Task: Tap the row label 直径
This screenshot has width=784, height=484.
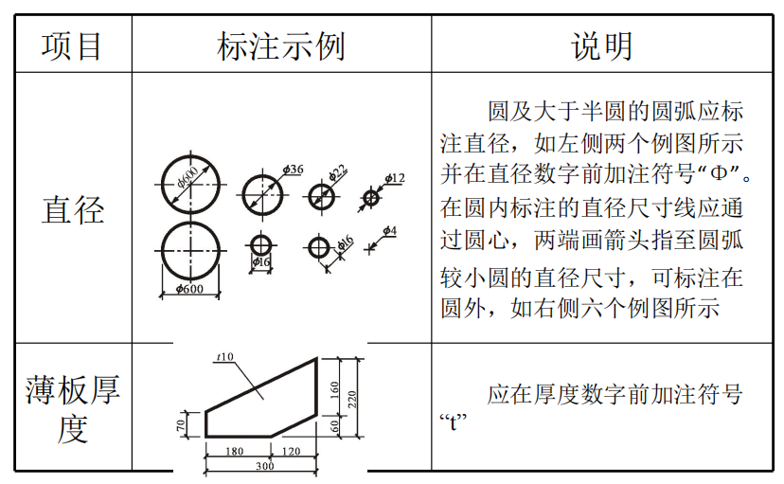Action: click(72, 209)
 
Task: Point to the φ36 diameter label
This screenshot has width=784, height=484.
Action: click(293, 169)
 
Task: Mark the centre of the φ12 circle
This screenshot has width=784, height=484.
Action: click(370, 198)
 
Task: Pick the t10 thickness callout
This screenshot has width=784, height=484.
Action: click(224, 356)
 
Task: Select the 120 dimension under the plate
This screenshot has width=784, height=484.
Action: click(292, 452)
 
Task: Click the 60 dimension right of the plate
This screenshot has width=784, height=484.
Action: click(335, 426)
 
